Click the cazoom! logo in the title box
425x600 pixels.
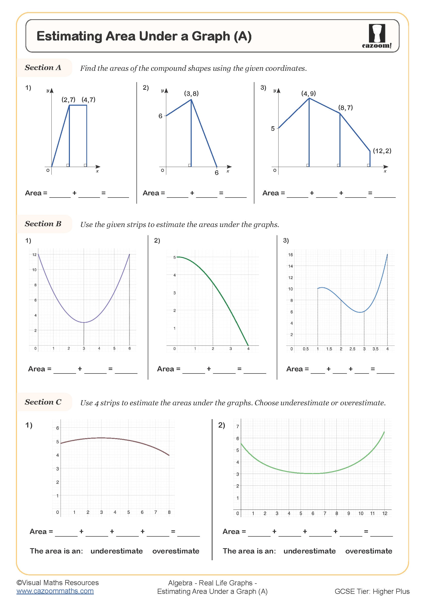pos(377,36)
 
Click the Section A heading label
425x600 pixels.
pos(43,68)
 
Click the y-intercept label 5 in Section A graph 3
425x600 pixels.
pos(273,129)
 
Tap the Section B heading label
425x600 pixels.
pos(43,224)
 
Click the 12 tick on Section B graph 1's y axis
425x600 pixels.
pos(34,254)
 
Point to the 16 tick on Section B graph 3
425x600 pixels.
pos(291,255)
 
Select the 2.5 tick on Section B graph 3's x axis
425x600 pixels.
pos(352,349)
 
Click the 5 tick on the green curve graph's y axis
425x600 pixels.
pos(174,257)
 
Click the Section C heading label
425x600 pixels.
pos(43,402)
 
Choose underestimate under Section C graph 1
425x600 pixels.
pos(116,551)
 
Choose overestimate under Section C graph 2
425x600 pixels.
pos(368,551)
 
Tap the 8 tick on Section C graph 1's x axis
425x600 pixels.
pos(169,512)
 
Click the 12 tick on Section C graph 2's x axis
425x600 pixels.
pos(384,514)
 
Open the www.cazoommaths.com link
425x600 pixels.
pos(55,591)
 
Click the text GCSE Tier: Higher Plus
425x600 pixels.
pos(372,591)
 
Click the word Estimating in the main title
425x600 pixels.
pos(69,36)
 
